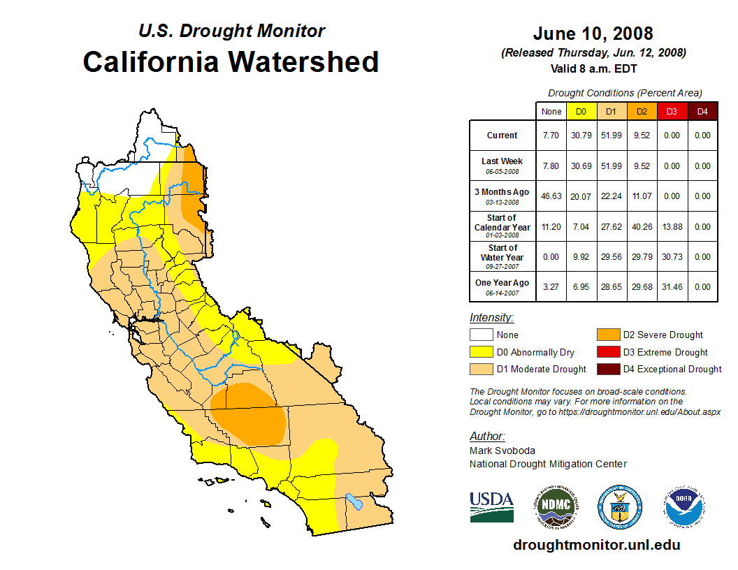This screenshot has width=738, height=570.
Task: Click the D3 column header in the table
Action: [672, 112]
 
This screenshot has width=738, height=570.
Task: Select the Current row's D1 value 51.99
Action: [611, 136]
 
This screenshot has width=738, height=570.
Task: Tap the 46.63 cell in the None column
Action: [551, 196]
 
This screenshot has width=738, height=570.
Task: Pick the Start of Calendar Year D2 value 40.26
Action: [642, 227]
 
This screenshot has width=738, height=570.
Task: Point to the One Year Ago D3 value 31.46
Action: [672, 287]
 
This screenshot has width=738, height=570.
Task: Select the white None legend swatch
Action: [482, 335]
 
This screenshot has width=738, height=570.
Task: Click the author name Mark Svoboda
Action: [502, 451]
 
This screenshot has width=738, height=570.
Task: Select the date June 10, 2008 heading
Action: [593, 33]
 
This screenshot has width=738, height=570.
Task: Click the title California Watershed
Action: [231, 61]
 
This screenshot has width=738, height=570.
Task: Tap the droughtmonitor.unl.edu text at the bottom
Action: [596, 545]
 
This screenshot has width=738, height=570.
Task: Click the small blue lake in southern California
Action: [354, 502]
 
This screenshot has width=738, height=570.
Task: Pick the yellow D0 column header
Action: [581, 112]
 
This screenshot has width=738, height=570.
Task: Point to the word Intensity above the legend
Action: [491, 318]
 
